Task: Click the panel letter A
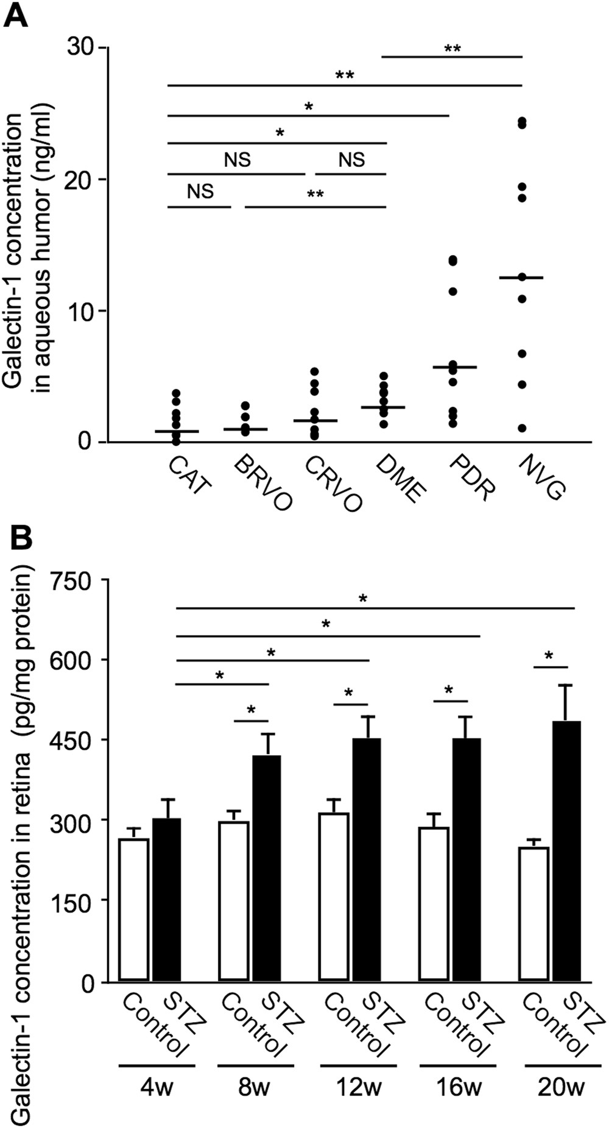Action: [x=16, y=13]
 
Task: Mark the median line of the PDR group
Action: [x=454, y=367]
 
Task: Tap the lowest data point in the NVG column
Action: [x=522, y=428]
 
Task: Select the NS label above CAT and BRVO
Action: [x=200, y=192]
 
